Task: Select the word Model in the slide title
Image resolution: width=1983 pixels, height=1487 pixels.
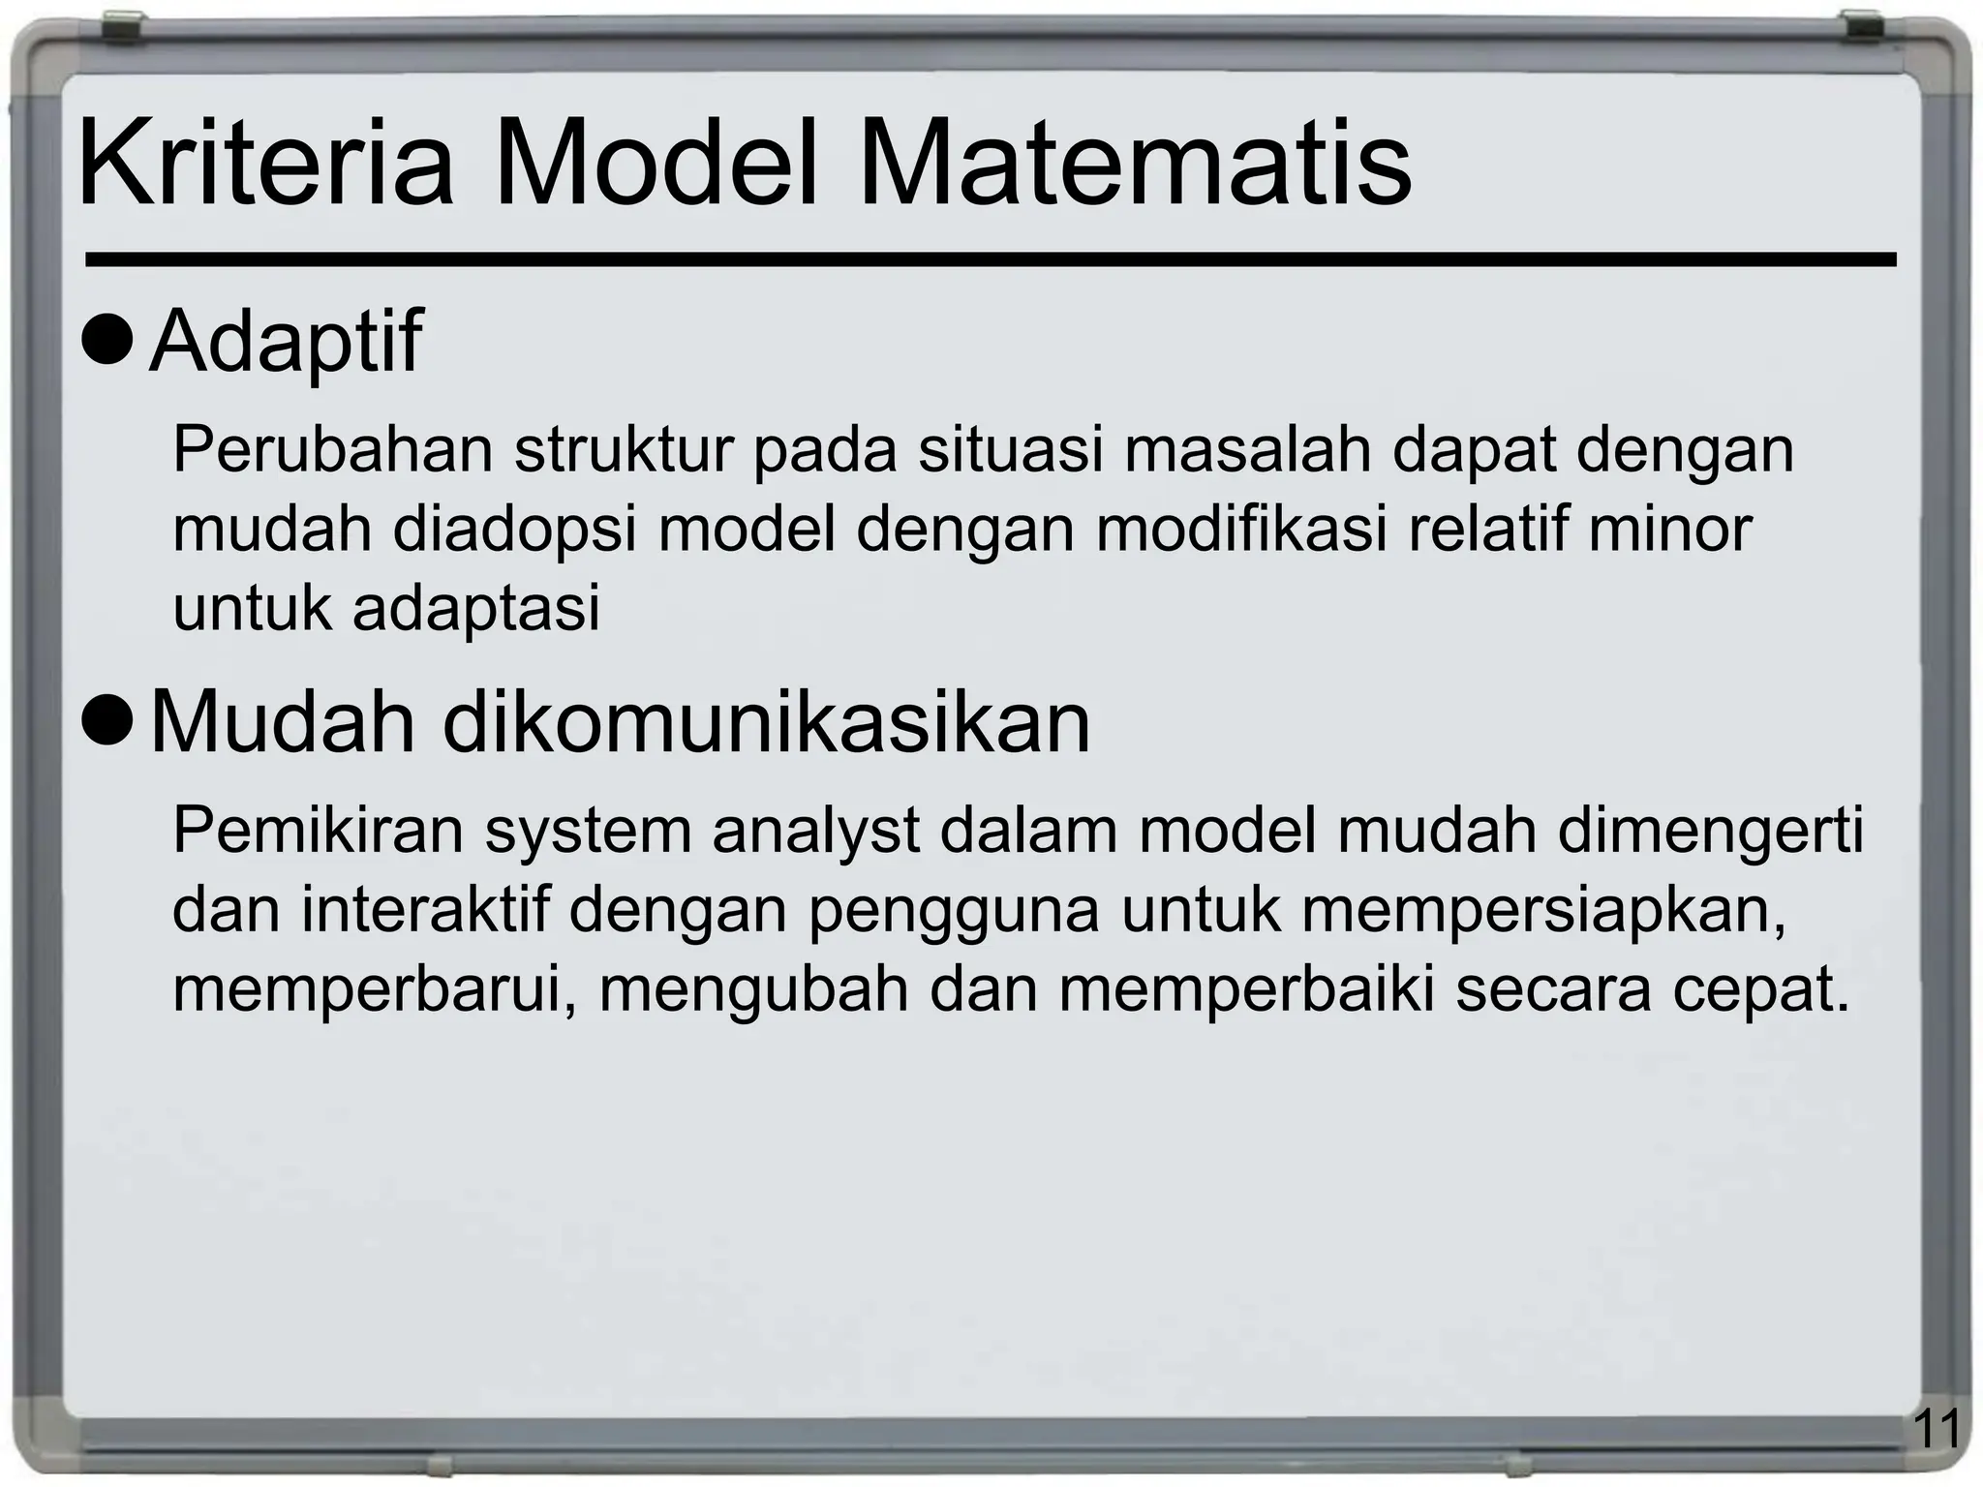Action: [656, 162]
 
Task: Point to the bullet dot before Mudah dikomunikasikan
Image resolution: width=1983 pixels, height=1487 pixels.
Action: [107, 721]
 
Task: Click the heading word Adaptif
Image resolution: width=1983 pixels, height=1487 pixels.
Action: [287, 342]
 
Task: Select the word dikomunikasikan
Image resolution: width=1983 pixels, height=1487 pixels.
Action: [766, 722]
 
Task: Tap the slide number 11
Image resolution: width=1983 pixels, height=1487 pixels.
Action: [1937, 1429]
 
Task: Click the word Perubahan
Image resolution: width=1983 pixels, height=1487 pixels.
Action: [332, 449]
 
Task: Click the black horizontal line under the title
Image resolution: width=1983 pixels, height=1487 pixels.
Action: [988, 259]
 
